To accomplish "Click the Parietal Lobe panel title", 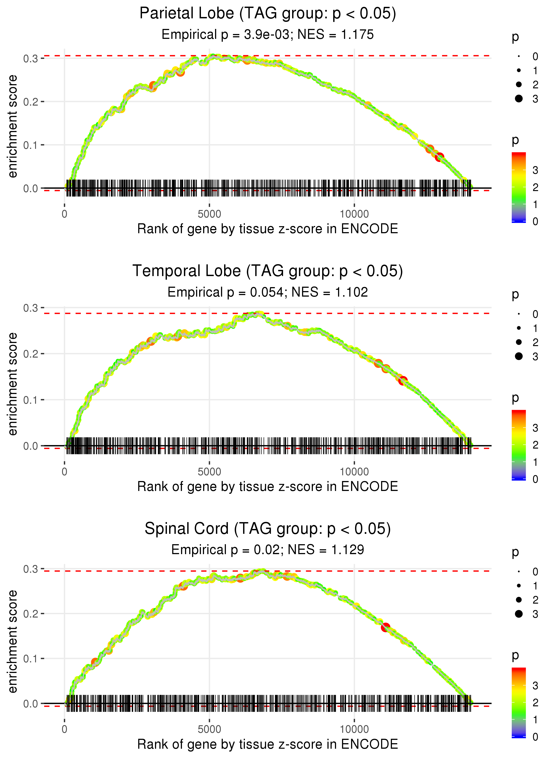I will (x=268, y=14).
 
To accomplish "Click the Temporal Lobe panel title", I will (x=268, y=271).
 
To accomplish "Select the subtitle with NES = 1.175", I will (x=268, y=35).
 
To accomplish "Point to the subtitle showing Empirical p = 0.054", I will (x=268, y=292).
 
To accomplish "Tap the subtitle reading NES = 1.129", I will (x=268, y=550).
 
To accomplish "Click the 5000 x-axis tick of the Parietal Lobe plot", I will (x=209, y=214).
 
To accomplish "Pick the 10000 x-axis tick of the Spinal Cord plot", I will (x=354, y=729).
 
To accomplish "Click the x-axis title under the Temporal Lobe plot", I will (x=268, y=487).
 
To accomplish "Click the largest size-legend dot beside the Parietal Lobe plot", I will (x=519, y=99).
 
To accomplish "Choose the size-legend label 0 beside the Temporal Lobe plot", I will (x=535, y=314).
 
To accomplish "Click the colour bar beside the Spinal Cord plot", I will (x=519, y=702).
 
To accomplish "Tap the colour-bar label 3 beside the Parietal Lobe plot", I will (x=535, y=170).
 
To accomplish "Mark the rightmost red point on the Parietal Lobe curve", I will (x=440, y=157).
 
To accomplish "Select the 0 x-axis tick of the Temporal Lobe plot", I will (x=64, y=472).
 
